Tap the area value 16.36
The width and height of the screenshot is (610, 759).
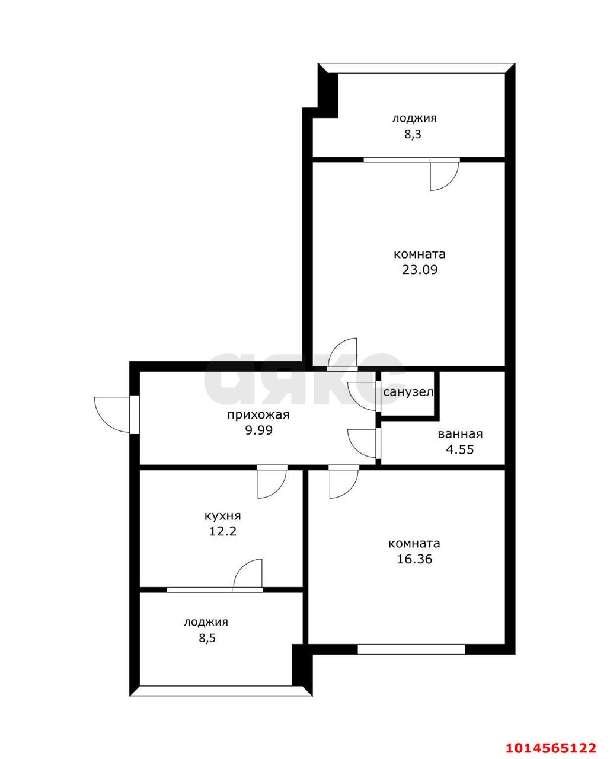pos(414,559)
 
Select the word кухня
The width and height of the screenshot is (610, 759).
pos(222,516)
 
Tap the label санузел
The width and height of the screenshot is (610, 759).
pos(408,392)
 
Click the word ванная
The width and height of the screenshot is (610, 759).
pos(460,434)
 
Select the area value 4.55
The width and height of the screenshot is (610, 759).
pos(460,449)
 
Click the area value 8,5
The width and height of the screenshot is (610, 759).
pos(206,638)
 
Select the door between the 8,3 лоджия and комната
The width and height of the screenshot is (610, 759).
pos(443,174)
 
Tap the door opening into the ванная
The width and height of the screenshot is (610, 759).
pos(363,442)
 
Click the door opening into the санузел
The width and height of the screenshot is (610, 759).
pos(363,396)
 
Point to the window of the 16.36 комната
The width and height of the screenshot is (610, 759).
pos(411,649)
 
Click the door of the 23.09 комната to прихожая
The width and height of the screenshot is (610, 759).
pos(343,354)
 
